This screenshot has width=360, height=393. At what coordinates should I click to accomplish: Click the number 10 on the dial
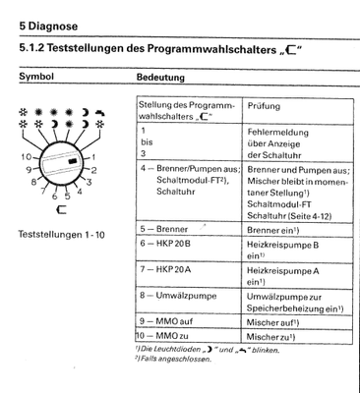click(23, 154)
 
